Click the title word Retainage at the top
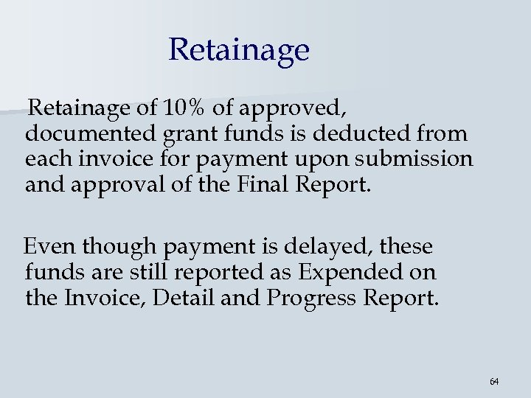pyautogui.click(x=238, y=50)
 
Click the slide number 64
pyautogui.click(x=493, y=381)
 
